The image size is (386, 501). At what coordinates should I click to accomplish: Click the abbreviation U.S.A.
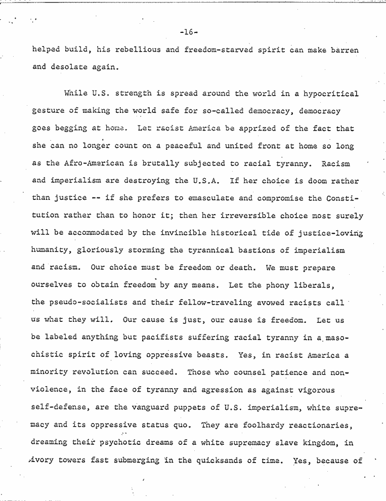pos(201,181)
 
